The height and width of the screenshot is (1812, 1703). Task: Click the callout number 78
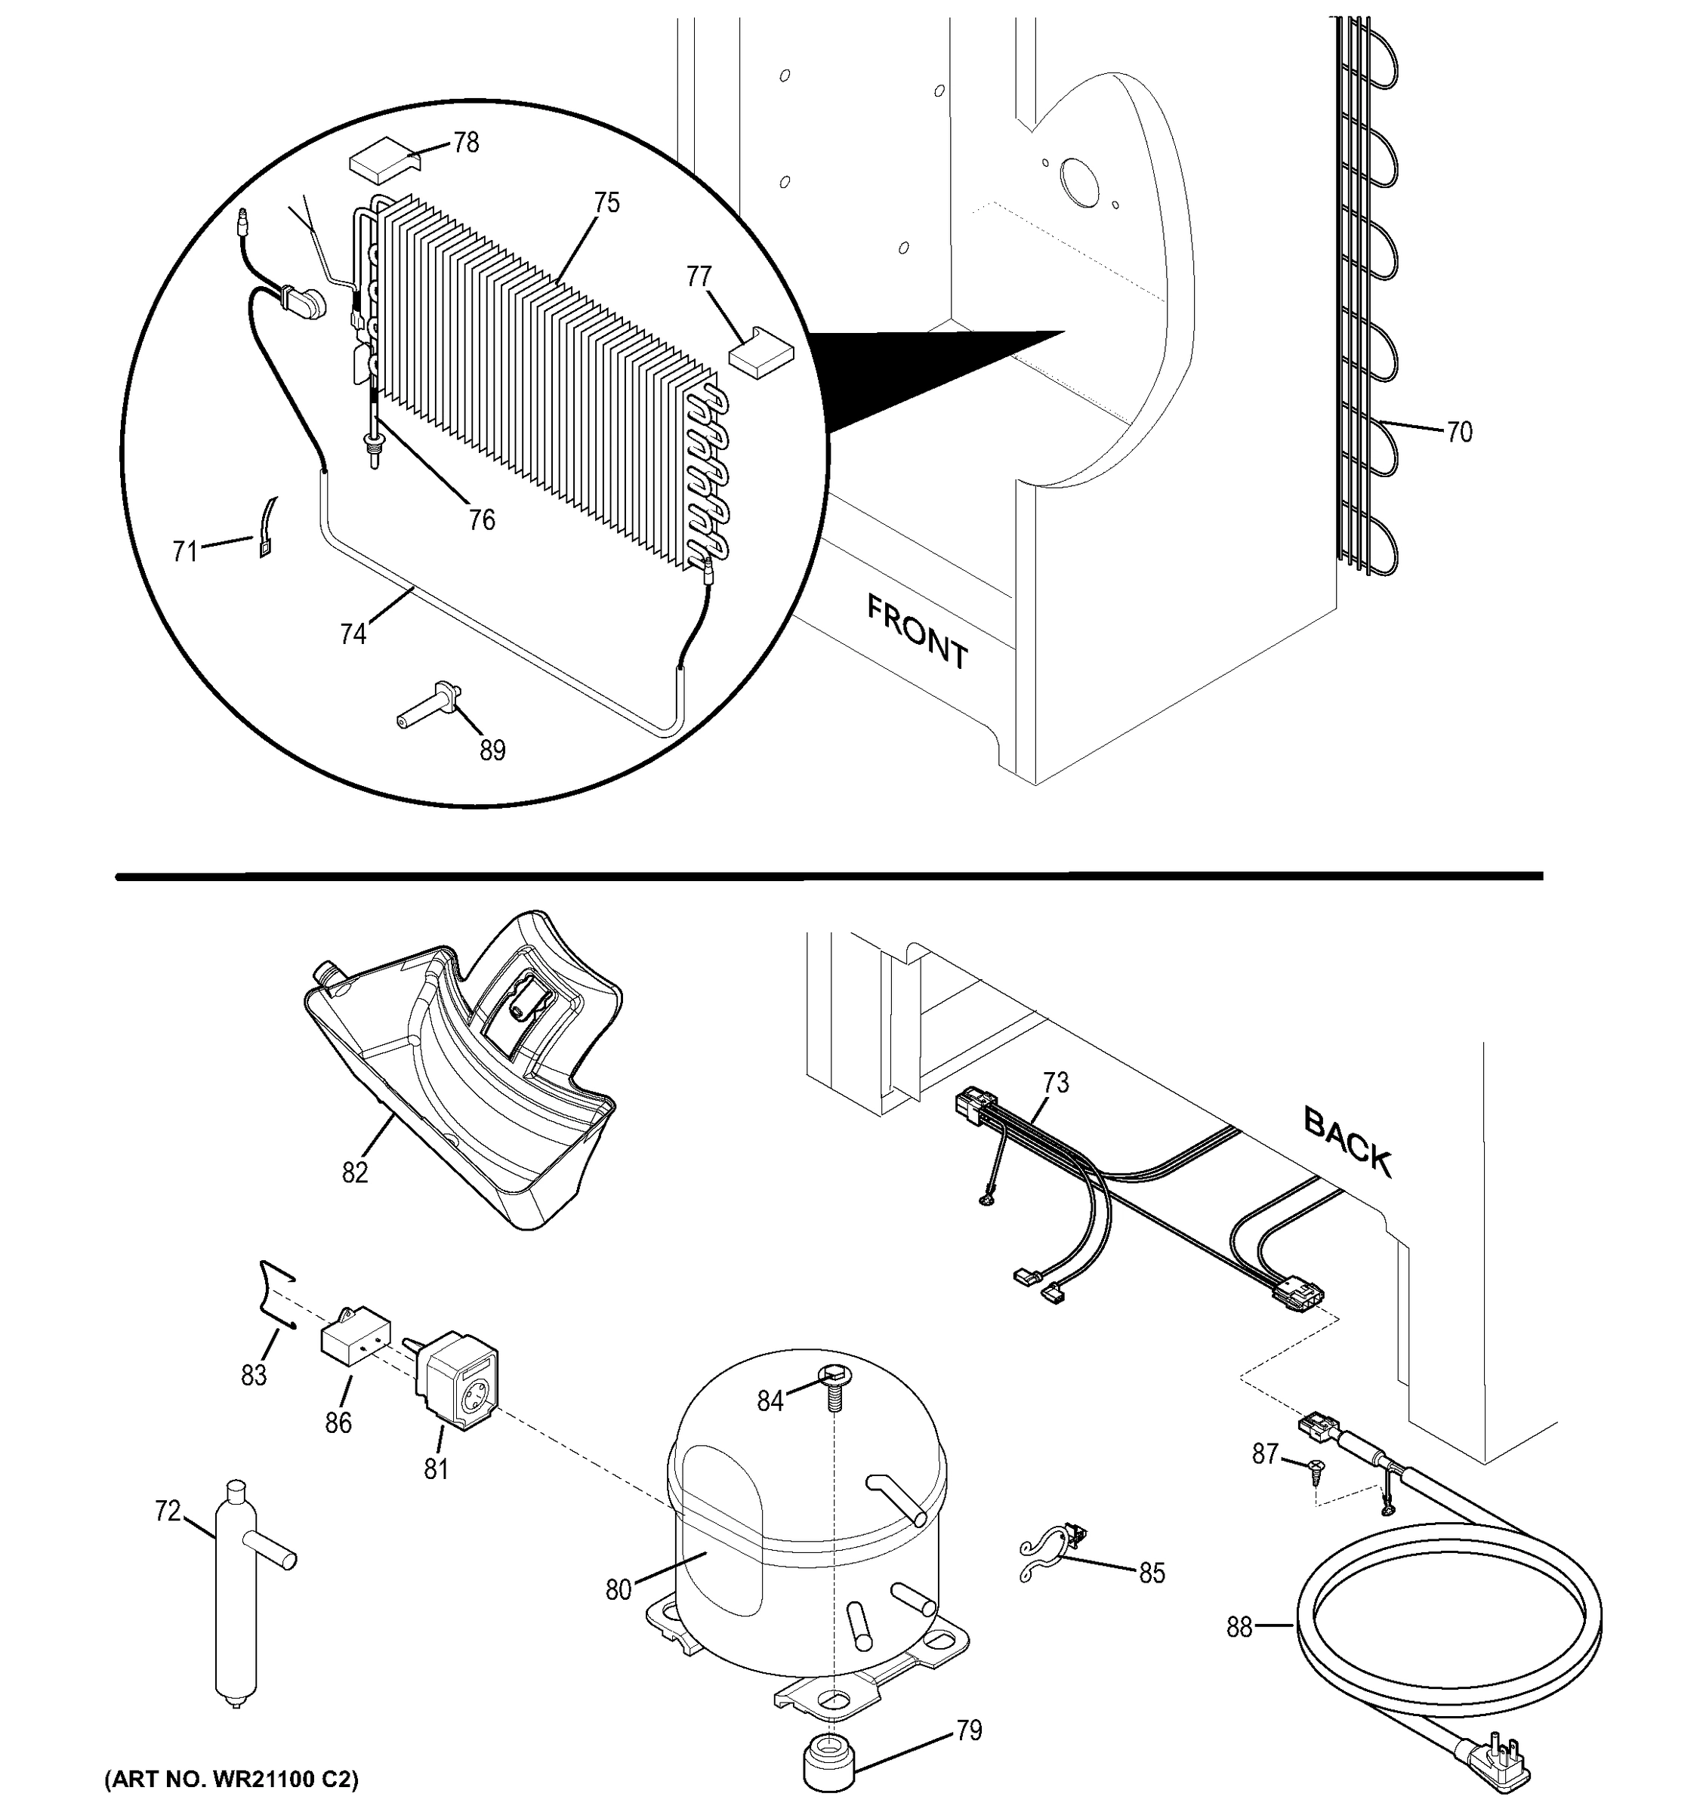click(x=466, y=143)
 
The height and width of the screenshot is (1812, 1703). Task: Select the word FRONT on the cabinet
click(x=916, y=630)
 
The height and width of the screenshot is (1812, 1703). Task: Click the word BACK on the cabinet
click(x=1347, y=1142)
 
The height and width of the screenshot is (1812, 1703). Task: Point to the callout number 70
click(x=1458, y=432)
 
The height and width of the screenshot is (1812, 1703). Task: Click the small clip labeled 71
click(x=267, y=528)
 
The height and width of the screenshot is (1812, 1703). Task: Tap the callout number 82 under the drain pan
click(x=355, y=1173)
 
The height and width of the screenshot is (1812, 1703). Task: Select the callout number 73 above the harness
click(x=1056, y=1083)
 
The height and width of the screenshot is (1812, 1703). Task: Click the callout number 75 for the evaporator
click(x=606, y=202)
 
